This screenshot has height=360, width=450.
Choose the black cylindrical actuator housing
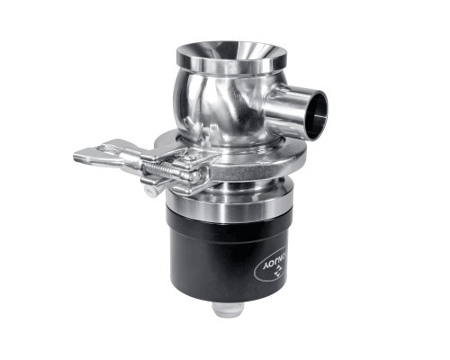pos(229,252)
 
